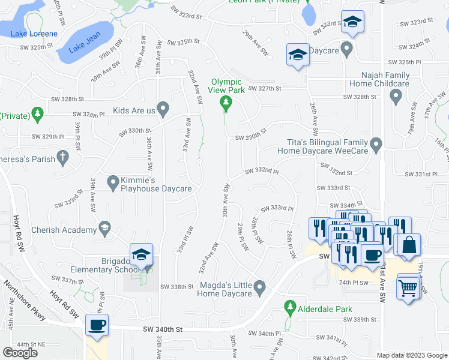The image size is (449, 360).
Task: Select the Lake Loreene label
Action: (34, 34)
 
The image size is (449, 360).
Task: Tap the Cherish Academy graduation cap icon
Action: (105, 228)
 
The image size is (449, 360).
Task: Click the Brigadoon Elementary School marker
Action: (142, 254)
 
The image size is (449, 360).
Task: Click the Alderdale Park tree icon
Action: (290, 308)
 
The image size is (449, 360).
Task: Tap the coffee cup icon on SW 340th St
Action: (97, 325)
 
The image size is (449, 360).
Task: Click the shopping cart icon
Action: (408, 287)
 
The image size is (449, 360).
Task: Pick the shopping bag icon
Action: (409, 245)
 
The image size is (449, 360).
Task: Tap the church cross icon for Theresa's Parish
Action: (61, 157)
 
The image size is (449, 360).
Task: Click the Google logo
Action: (20, 352)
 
